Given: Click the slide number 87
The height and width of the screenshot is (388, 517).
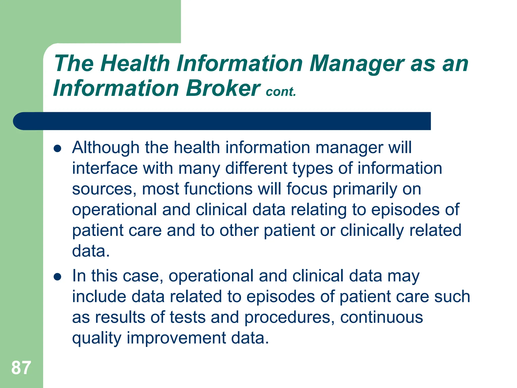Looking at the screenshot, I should tap(21, 368).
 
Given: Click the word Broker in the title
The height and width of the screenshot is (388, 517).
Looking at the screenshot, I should tap(223, 88).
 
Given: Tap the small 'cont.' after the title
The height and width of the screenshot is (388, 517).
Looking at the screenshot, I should tap(281, 92).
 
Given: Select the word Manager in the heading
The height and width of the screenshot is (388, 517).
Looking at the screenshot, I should tap(357, 64).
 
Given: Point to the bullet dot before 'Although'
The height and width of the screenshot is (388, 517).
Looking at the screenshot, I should tap(58, 149).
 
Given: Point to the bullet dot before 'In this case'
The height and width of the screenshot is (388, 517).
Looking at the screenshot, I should tap(58, 277).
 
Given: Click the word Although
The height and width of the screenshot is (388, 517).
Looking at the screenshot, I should tap(106, 148).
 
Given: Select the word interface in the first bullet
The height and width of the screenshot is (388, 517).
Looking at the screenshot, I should tap(105, 168).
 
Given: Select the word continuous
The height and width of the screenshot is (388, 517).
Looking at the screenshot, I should tap(381, 317).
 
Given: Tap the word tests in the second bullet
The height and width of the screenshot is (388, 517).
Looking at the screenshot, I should tap(188, 317).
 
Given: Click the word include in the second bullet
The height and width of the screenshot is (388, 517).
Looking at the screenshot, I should tap(99, 297).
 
